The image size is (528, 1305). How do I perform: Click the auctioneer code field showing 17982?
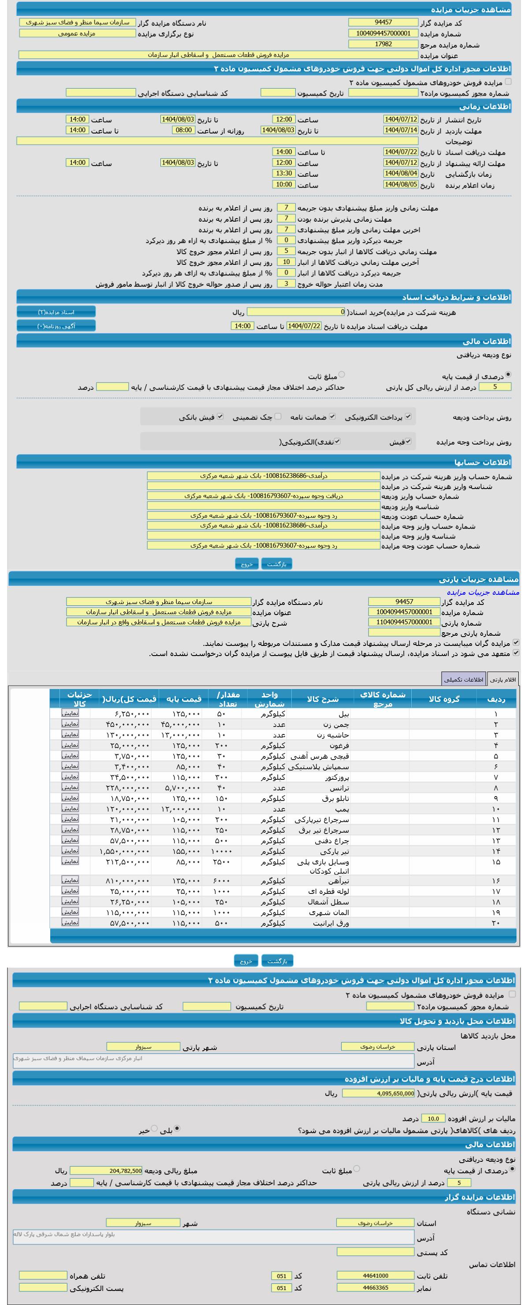(383, 44)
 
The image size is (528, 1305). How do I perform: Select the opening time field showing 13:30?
(283, 174)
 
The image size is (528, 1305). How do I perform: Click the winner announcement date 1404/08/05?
(400, 185)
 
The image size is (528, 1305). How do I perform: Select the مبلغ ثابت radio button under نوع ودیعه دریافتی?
(342, 375)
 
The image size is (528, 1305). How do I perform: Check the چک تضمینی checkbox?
(278, 416)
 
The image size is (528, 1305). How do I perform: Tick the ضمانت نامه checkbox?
(332, 416)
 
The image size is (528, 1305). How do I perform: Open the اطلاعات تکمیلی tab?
(463, 679)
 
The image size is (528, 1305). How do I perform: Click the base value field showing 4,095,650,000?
(378, 1093)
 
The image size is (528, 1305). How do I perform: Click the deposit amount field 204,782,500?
(106, 1171)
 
